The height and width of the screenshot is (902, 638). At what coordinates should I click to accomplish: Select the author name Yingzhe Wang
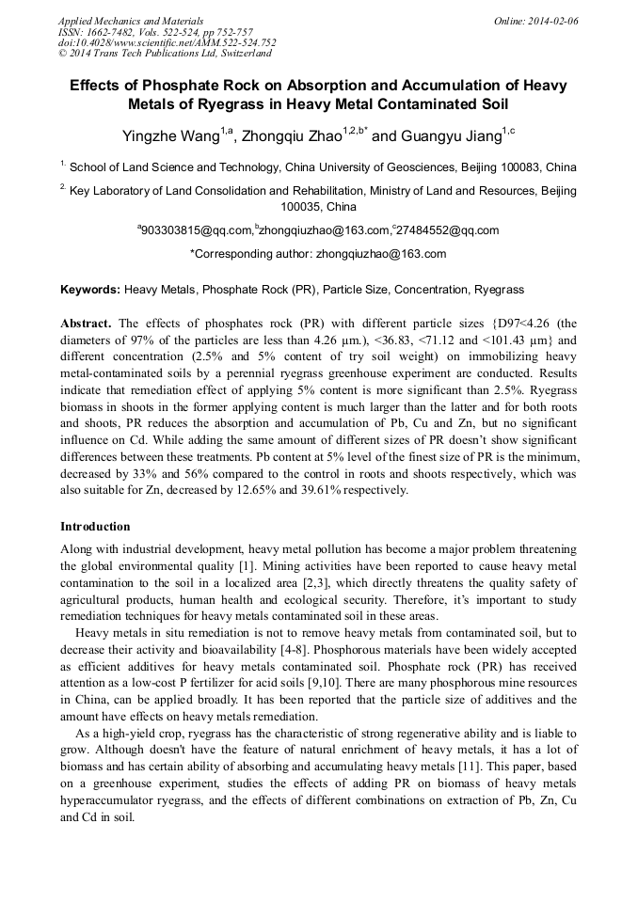(170, 137)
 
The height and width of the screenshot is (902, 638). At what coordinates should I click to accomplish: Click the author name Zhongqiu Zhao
(292, 137)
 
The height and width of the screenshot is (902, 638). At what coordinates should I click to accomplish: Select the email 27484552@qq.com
(448, 230)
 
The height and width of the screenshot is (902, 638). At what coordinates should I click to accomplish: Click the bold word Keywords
(89, 290)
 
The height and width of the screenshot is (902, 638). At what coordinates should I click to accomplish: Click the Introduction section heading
(95, 527)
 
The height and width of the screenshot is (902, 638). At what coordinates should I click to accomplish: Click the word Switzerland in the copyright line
(237, 55)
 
